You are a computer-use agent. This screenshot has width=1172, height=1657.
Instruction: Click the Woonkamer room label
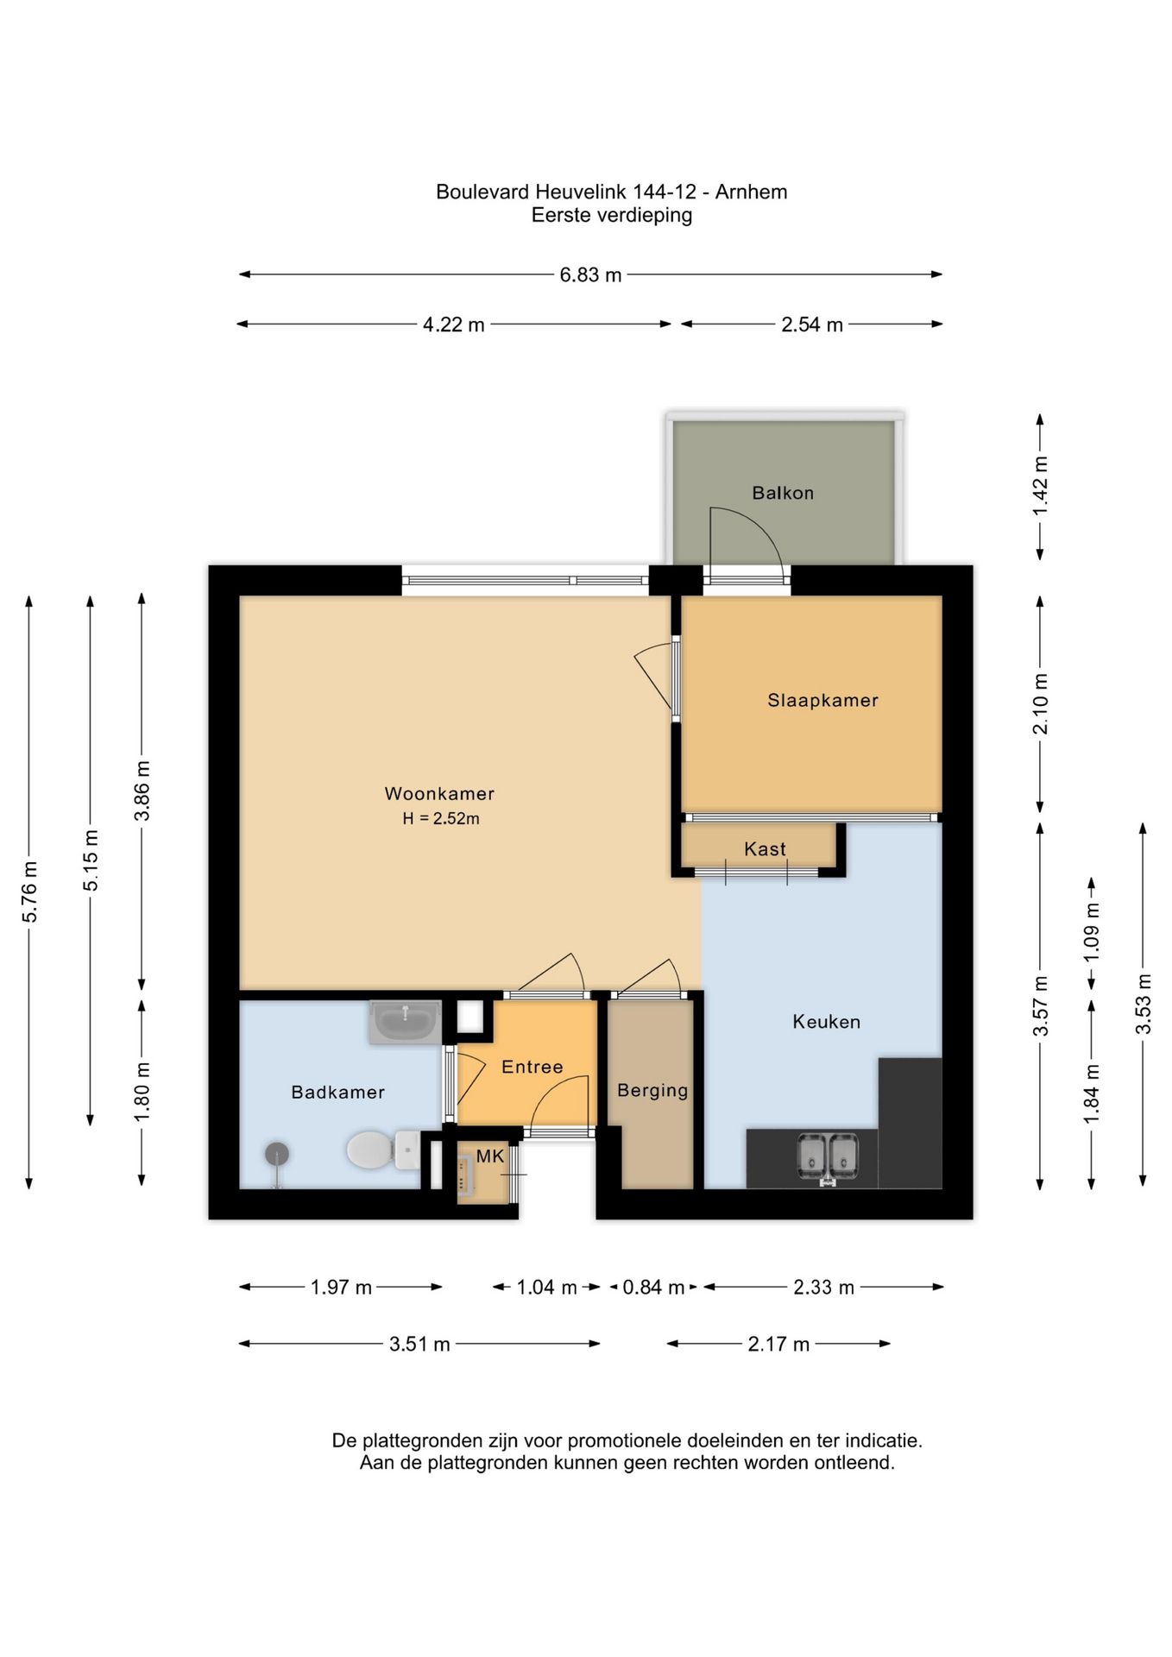pos(439,793)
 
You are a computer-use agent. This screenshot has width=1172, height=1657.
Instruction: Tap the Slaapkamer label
pos(823,701)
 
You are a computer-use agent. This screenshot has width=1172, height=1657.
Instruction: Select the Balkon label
pos(783,493)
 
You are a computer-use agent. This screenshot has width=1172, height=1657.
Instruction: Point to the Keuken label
pos(827,1022)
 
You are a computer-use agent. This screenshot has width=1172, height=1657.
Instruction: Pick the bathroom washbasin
pos(405,1023)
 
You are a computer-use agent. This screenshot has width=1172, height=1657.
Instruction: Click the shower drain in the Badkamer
pos(277,1154)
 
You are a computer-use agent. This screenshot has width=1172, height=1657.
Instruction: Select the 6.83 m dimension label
pos(590,275)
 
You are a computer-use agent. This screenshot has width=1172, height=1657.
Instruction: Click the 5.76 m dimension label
pos(30,892)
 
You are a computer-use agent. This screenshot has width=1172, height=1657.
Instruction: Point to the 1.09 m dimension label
pos(1092,933)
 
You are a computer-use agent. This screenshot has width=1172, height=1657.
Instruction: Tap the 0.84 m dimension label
pos(653,1288)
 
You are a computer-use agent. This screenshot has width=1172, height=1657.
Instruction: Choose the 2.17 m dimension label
pos(778,1344)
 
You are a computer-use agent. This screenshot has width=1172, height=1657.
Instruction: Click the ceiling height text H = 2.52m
pos(441,818)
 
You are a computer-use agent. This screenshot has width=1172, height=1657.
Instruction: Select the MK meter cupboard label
pos(490,1156)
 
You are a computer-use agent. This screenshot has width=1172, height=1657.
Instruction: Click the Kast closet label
pos(765,849)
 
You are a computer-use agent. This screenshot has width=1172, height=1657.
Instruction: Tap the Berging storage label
pos(652,1091)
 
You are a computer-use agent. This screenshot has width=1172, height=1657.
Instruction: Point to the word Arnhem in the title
pos(751,192)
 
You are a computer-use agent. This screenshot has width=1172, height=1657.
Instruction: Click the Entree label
pos(532,1068)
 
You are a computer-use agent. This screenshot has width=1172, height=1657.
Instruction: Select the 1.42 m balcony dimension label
pos(1040,487)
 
